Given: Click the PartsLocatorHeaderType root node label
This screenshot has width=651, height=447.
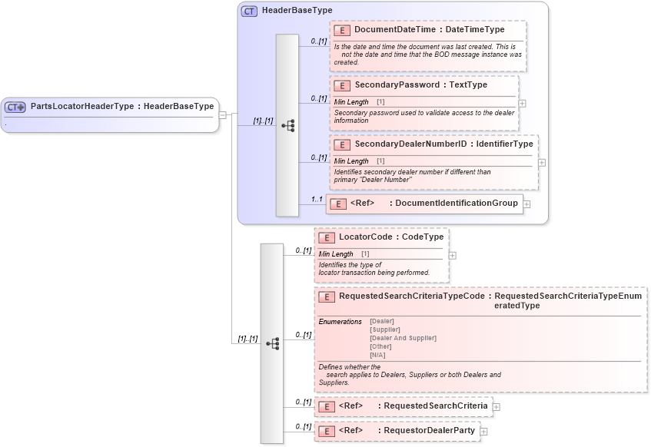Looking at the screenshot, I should (121, 107).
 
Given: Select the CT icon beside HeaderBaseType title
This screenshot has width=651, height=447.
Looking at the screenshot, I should (249, 12).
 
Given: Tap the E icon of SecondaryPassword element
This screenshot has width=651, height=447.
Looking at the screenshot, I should (342, 85).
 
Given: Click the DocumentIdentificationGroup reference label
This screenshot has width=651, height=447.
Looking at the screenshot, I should (455, 204).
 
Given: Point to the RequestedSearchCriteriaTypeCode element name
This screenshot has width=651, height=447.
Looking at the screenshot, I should (411, 296).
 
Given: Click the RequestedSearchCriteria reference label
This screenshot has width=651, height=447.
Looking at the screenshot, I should (435, 406).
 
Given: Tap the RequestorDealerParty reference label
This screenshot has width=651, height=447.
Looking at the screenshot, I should (429, 431).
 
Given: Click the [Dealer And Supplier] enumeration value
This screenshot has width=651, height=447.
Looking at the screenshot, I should (403, 338).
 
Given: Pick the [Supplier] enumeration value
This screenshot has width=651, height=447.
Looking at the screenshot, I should (384, 329).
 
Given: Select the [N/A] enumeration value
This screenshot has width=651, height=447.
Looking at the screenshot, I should (377, 355).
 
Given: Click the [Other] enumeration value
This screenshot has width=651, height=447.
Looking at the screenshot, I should (380, 346).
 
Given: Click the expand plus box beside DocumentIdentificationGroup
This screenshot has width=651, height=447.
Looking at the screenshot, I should (527, 204).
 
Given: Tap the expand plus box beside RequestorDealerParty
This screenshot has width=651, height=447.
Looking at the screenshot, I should (483, 432).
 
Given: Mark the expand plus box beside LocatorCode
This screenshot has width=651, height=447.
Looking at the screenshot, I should (452, 256).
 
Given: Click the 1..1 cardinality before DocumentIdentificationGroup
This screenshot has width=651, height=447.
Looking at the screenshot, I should (317, 199).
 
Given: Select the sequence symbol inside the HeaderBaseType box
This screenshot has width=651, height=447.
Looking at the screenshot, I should (287, 125).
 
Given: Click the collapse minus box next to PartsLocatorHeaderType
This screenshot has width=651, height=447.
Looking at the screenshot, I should (222, 115).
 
